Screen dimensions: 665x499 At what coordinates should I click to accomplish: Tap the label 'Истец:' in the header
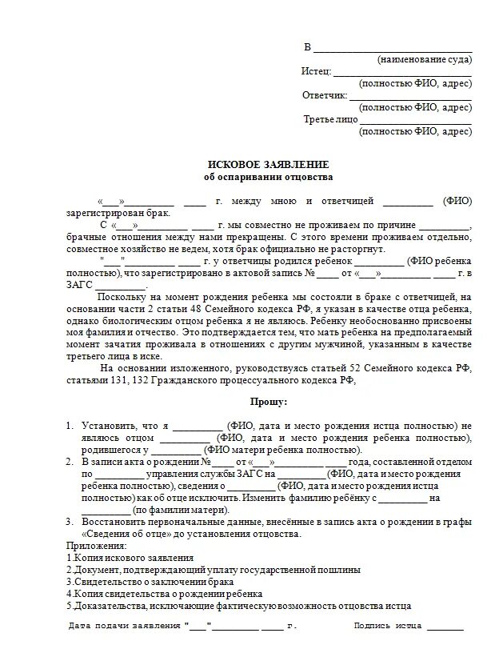(x=316, y=71)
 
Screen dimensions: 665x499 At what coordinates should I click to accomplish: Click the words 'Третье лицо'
(x=330, y=119)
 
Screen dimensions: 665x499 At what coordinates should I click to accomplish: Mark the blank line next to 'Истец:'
(x=402, y=74)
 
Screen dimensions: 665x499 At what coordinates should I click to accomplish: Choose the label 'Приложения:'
(x=92, y=545)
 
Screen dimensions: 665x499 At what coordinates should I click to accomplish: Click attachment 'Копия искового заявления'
(x=133, y=557)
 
